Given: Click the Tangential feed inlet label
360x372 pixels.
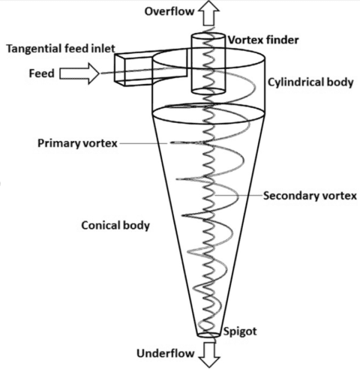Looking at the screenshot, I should click(59, 49).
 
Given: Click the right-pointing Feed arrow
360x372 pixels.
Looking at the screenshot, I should click(78, 73).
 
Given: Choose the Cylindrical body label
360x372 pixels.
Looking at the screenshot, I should click(309, 82).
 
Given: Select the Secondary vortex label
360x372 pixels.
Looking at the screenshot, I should click(309, 196).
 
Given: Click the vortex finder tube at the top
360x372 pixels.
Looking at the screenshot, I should click(206, 64).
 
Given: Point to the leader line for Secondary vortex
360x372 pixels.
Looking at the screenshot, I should click(238, 196).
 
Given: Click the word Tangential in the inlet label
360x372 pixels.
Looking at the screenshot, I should click(29, 49).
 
